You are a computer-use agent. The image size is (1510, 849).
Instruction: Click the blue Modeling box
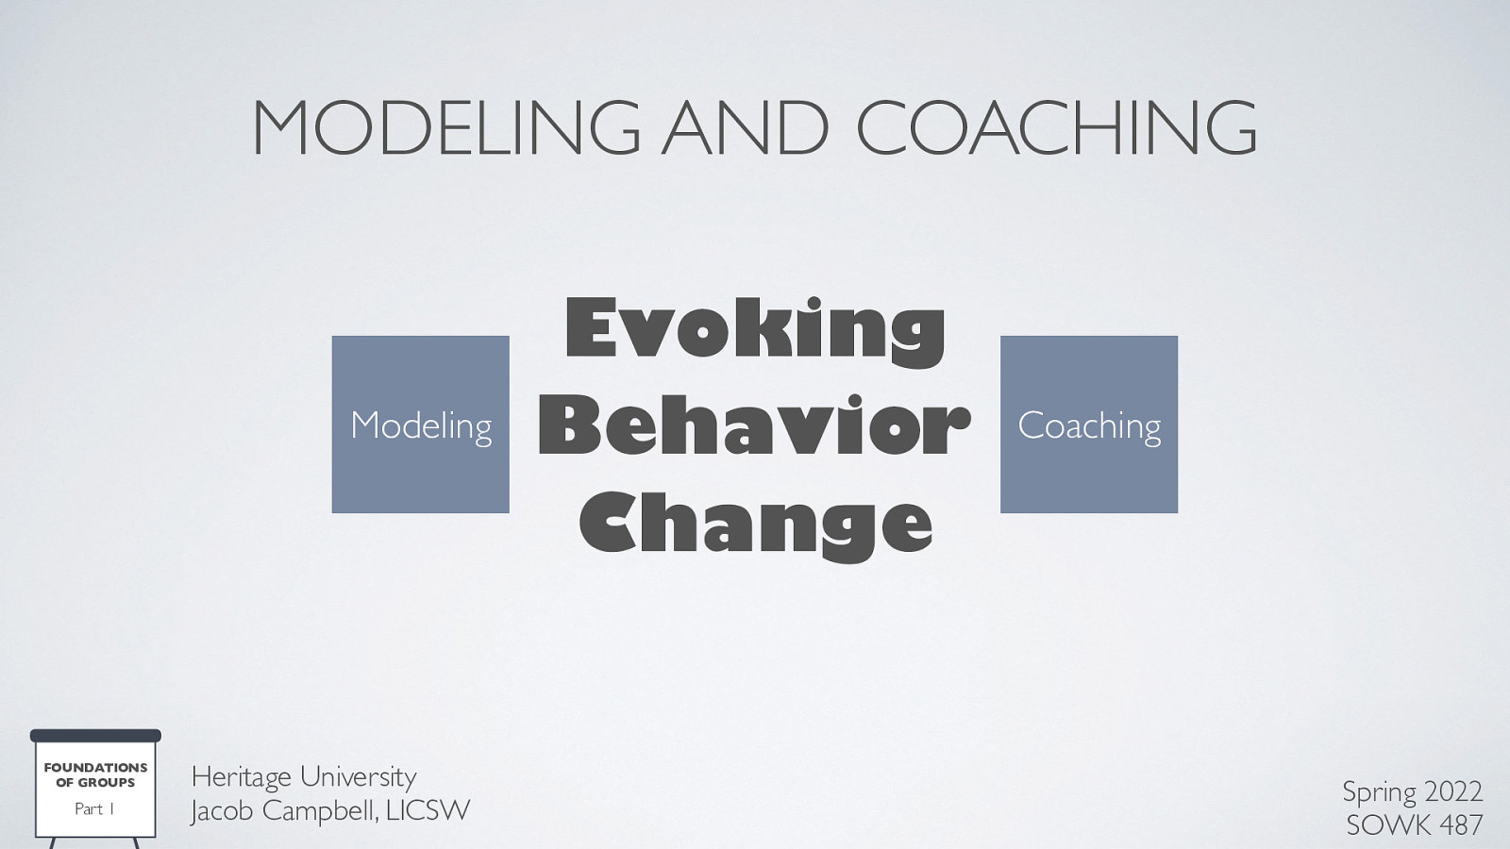[420, 424]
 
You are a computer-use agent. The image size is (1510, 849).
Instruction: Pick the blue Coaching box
[1088, 424]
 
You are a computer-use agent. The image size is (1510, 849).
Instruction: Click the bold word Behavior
[754, 426]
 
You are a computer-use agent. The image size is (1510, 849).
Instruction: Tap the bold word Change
[755, 524]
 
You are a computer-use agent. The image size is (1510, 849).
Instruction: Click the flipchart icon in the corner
[95, 788]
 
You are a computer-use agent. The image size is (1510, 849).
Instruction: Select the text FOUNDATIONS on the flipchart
[95, 768]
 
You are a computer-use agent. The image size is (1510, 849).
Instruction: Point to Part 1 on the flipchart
[94, 809]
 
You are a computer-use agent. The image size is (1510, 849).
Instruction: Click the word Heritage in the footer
[241, 778]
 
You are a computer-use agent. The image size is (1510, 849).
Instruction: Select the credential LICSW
[430, 810]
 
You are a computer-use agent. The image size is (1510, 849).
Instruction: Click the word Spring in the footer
[1379, 792]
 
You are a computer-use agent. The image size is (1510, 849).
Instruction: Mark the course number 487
[1461, 824]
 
